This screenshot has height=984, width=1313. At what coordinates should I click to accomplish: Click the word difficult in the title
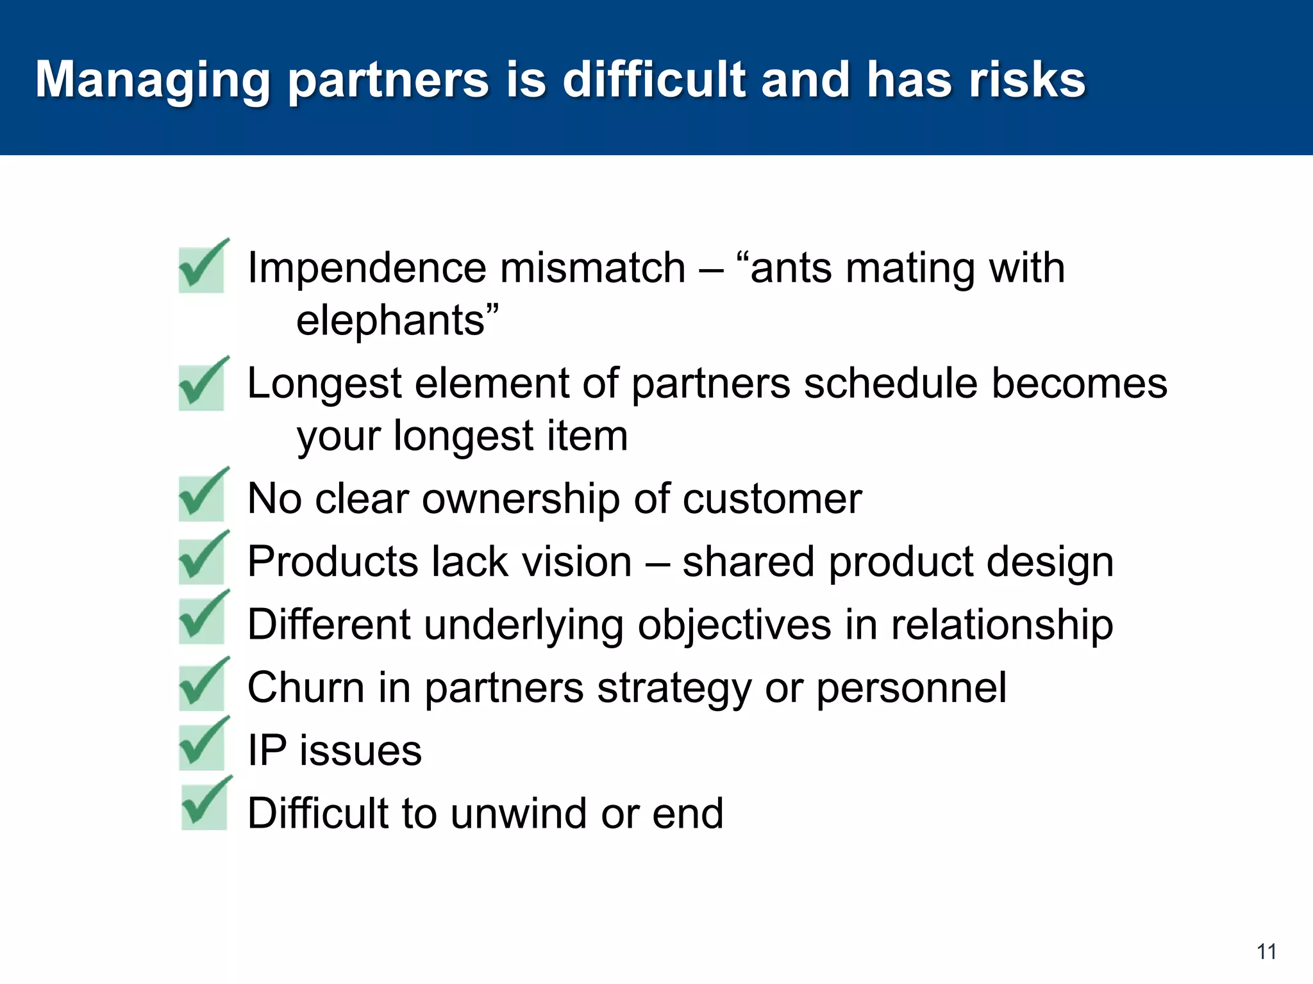(655, 80)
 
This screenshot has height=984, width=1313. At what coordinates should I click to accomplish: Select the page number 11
(1266, 952)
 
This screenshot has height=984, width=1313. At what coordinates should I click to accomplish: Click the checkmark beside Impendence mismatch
(203, 268)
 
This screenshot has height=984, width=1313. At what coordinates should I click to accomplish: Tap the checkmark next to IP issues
(203, 745)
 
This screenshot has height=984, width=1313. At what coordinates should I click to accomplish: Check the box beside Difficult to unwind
(205, 805)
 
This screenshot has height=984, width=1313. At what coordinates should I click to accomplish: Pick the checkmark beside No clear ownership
(203, 496)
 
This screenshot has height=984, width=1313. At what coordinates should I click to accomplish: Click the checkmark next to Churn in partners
(203, 685)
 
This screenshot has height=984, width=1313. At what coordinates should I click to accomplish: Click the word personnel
(910, 688)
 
